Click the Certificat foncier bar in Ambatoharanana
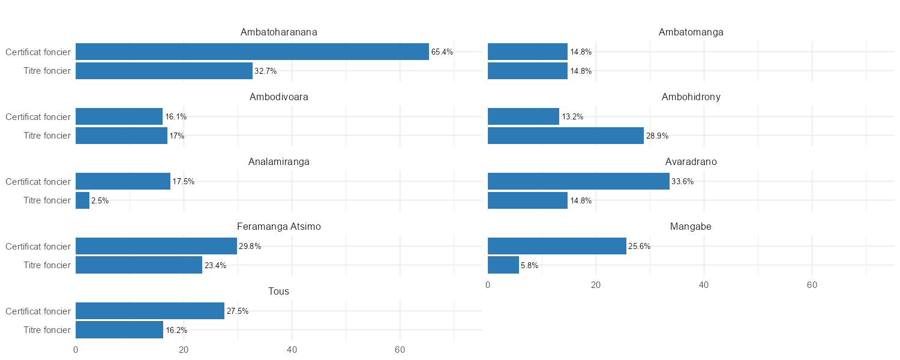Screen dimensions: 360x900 [252, 52]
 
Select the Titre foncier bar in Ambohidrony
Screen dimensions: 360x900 [565, 136]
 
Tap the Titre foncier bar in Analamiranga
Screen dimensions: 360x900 [83, 200]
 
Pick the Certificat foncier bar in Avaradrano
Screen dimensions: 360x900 [578, 181]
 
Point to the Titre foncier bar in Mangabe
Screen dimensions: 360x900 [503, 265]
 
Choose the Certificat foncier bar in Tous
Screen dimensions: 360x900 [150, 311]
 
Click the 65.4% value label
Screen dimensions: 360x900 [442, 52]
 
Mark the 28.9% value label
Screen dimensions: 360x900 [657, 136]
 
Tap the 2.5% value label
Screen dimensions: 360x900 [100, 201]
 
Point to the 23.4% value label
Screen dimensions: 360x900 [215, 266]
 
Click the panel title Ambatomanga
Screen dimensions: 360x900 [691, 32]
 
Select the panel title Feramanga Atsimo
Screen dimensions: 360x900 [279, 227]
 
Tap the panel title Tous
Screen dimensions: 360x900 [279, 292]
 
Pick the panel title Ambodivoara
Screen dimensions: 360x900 [279, 97]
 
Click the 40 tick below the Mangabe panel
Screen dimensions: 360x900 [704, 286]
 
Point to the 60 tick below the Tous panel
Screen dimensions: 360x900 [400, 350]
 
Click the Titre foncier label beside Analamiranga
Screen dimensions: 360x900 [47, 200]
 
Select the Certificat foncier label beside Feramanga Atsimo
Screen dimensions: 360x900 [38, 246]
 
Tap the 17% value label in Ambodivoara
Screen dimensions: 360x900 [177, 136]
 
